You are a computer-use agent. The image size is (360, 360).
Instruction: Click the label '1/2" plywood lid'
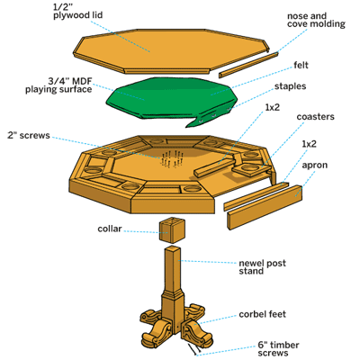pos(78,11)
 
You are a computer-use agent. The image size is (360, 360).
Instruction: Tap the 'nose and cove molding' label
pos(316,20)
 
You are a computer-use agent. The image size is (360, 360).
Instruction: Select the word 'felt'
pos(301,65)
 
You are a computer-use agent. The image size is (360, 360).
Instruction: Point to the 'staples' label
pos(290,86)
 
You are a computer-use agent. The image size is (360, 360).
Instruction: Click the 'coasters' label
pos(315,117)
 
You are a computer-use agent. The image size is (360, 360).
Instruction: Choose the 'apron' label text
pos(314,166)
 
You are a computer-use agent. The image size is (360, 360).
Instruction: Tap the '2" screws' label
pos(29,135)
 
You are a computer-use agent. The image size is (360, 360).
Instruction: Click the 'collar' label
pos(110,229)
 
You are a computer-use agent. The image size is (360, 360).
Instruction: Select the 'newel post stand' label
pos(262,267)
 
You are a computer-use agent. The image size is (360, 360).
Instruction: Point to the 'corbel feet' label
pos(262,314)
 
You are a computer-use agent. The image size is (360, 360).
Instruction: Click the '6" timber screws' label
pos(278,349)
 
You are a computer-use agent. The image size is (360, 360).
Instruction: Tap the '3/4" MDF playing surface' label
pos(58,85)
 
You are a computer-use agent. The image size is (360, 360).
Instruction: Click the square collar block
pos(172,229)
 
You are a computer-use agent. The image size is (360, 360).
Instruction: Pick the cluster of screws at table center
pos(172,158)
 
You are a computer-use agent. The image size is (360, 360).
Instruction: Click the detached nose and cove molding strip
pos(248,65)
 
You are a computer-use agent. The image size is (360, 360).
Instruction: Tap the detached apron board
pos(265,208)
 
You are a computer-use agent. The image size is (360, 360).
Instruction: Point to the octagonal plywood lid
pos(171,50)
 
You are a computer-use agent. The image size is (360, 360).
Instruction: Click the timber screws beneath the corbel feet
pos(194,349)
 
